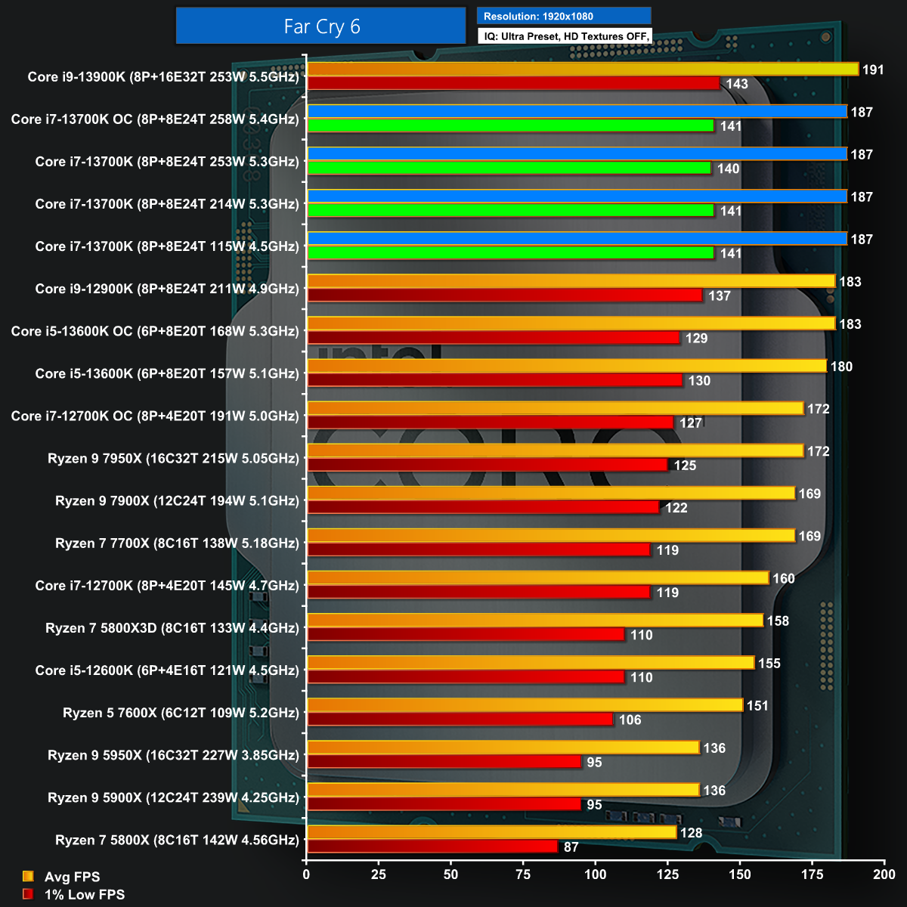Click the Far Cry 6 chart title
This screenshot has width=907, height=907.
[321, 27]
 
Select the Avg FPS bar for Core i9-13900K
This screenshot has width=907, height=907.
[582, 70]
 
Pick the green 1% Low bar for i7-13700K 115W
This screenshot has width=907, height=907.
[510, 253]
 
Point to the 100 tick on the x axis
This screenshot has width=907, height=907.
[595, 874]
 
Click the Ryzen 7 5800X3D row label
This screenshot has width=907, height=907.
[172, 628]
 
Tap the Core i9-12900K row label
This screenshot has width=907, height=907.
[167, 289]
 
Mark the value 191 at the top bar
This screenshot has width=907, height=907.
[873, 70]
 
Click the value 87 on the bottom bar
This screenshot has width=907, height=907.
[571, 847]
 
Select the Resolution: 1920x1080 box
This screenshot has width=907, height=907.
[564, 16]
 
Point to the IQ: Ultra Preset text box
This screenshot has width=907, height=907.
[564, 36]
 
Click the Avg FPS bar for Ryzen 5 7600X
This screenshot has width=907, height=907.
[525, 705]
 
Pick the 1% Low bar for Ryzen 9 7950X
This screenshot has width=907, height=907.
[488, 465]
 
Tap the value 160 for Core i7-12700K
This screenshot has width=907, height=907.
[783, 578]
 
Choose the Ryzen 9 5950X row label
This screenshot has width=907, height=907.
[173, 755]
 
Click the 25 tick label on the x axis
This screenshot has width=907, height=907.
[378, 874]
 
